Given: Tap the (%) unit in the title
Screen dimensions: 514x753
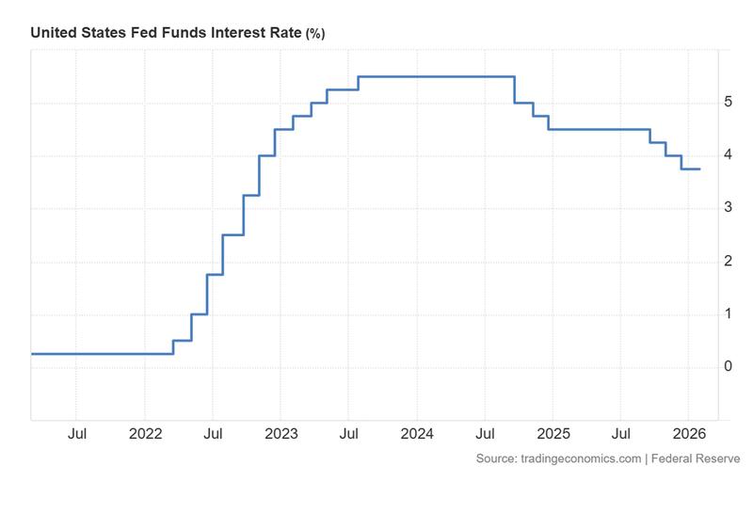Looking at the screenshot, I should pos(315,34).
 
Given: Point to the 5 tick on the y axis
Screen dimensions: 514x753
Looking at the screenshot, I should pos(728,102).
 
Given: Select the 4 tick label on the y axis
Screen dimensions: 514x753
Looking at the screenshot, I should pos(728,154).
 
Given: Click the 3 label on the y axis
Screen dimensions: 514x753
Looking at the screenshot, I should pos(728,207).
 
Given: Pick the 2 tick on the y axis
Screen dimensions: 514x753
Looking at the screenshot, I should pos(728,261).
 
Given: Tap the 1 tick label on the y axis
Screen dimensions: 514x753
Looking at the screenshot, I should pos(728,313).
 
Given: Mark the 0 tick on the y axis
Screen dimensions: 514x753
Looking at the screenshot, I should pos(728,366).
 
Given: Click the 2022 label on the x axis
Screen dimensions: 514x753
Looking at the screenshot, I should pos(145,434).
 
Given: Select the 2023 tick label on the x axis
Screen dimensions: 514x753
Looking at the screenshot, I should pos(281,434).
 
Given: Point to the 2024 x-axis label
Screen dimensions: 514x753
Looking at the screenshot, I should pos(417,434).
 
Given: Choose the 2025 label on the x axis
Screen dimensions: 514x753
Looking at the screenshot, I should pos(553,434).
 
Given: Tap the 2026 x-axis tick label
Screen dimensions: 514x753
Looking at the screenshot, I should pos(688,434).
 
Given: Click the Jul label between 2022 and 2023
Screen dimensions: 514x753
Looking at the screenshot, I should pos(213,434).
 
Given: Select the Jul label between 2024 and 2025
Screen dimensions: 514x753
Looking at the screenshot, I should pos(485,434).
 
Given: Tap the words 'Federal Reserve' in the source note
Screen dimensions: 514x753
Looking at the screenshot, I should pos(697,458).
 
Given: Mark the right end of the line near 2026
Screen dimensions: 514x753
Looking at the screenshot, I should pos(699,169).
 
